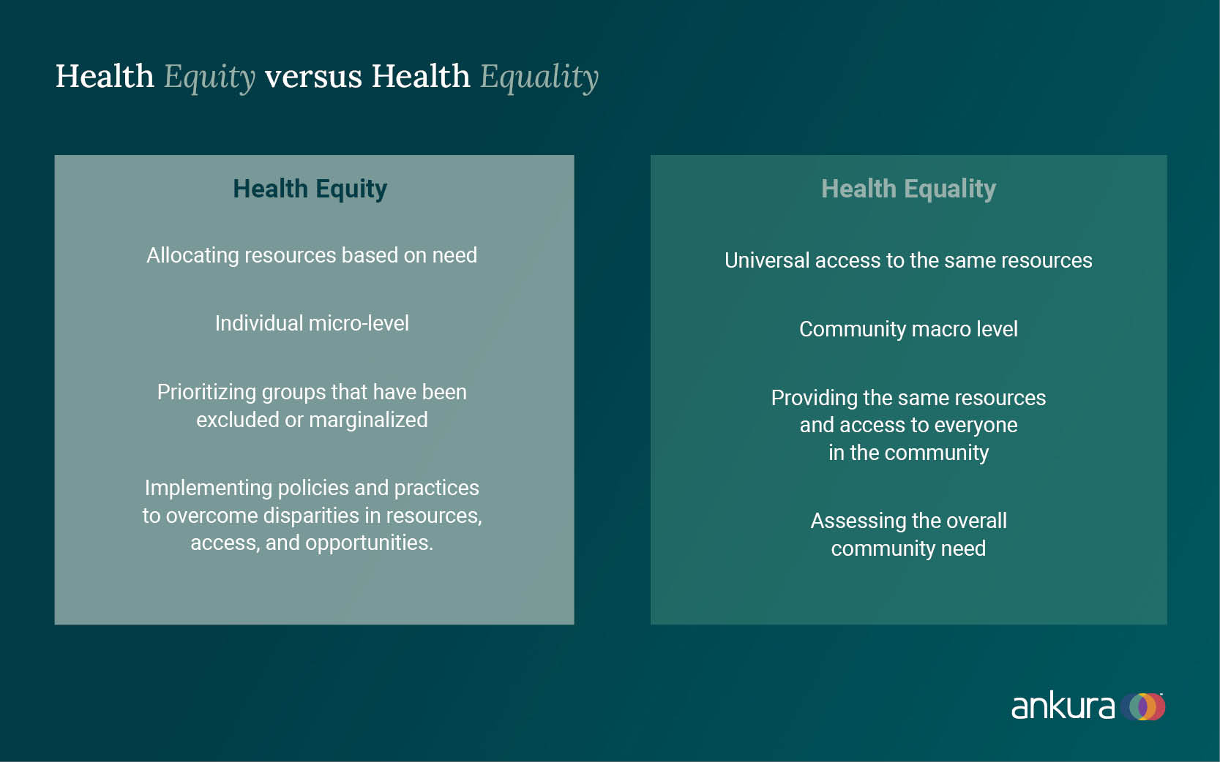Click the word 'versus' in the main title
(313, 76)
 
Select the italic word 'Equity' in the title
(210, 78)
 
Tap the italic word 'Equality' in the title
(539, 78)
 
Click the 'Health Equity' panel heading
(310, 189)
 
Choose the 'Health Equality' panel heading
(908, 189)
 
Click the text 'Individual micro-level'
(312, 323)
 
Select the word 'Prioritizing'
(206, 393)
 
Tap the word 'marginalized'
(368, 420)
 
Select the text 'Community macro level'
(908, 329)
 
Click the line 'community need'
(908, 548)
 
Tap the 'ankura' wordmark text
(1063, 706)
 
